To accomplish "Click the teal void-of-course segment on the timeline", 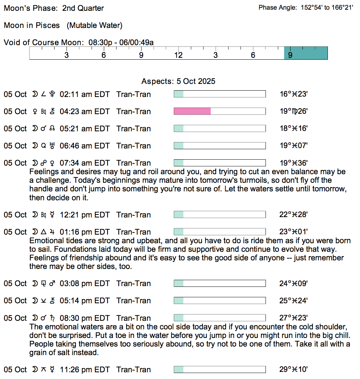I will pos(306,53).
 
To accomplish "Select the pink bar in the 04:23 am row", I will pos(192,111).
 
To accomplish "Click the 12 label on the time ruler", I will pos(179,56).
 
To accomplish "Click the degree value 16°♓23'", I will pos(294,94).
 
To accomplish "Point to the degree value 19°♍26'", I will pos(294,112).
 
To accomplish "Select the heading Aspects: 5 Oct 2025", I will pos(178,81).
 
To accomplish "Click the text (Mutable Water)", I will pos(94,25).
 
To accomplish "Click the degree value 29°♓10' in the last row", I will pos(294,370).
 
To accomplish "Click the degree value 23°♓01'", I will pos(294,232).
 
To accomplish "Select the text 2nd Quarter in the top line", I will pos(83,8).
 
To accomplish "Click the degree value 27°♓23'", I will pos(294,318).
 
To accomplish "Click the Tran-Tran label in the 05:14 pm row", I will pos(134,301).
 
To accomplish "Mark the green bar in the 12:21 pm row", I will pos(179,215).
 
